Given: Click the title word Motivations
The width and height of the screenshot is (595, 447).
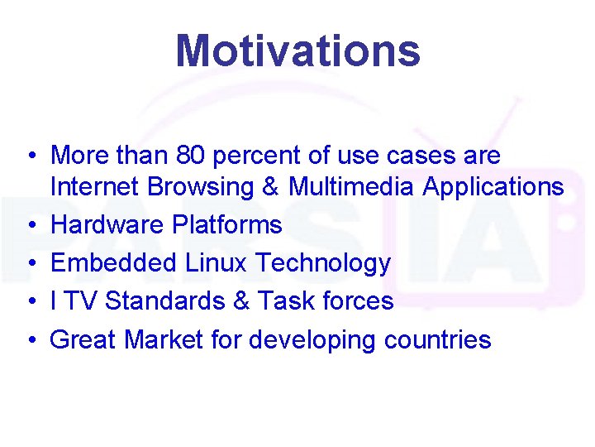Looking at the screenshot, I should coord(297,50).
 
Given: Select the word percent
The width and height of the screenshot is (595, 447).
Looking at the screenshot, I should coord(268,155).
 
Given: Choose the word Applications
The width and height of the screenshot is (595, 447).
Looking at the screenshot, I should coord(493,188).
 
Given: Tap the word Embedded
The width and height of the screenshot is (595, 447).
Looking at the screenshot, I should coord(113,263).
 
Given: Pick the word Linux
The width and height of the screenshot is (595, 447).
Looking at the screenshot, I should coord(217,263).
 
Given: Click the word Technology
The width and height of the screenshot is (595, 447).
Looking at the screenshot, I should coord(323,264).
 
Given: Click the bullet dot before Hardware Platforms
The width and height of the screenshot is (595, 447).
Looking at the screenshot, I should coord(29,226).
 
